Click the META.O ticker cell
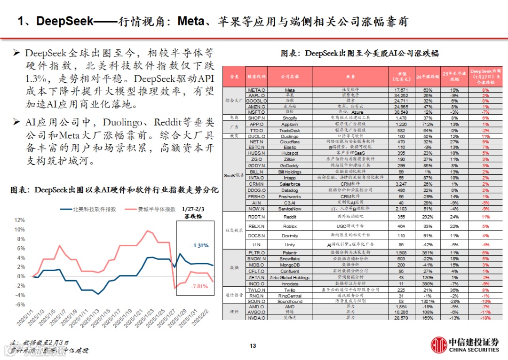coord(257,89)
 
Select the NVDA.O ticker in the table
coord(257,318)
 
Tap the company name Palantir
coord(290,252)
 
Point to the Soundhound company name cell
coord(290,301)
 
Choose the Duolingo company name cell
coord(290,136)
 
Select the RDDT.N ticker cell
coord(257,217)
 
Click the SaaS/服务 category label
coord(233,175)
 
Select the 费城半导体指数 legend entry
coord(150,209)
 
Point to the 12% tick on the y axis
coord(20,220)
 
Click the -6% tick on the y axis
coord(20,305)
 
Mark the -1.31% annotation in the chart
coord(199,245)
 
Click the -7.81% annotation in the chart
coord(199,286)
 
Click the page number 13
coord(253,346)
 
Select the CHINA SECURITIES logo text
coord(474,350)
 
